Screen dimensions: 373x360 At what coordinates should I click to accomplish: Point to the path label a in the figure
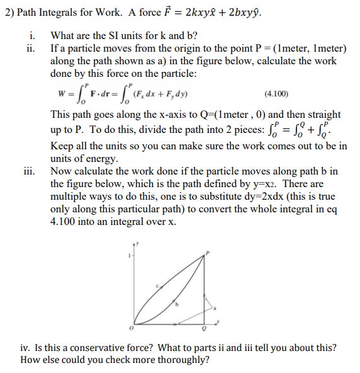coord(214,308)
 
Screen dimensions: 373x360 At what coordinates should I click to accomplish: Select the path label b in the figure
coord(177,304)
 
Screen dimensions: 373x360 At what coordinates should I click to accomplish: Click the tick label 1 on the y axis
coord(128,256)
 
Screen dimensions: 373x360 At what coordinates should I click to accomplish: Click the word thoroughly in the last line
coord(180,360)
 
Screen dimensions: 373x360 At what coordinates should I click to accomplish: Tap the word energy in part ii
coord(101,158)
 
